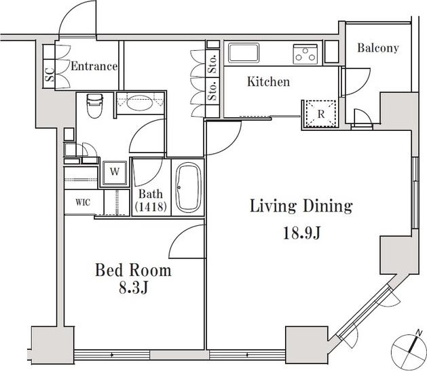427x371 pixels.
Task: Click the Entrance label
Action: click(x=94, y=66)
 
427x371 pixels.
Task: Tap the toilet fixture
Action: click(x=94, y=106)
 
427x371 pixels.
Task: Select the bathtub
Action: click(x=188, y=188)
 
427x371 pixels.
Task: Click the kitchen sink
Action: click(x=244, y=53)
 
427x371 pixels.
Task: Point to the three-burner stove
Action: click(x=305, y=54)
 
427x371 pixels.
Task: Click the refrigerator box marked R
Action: click(x=320, y=114)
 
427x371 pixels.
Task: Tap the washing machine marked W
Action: click(x=115, y=172)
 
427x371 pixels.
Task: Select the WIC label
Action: click(x=83, y=202)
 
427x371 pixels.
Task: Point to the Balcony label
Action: click(x=378, y=48)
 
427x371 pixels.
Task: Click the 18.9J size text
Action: click(x=301, y=233)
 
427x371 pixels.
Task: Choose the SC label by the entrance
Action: click(x=50, y=74)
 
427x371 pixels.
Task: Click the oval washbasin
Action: click(x=141, y=103)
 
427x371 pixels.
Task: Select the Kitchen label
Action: click(x=269, y=81)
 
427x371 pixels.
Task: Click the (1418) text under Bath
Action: click(x=151, y=207)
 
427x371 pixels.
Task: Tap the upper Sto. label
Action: click(x=212, y=63)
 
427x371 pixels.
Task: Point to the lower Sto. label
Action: click(x=212, y=90)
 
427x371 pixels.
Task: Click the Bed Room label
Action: click(x=133, y=270)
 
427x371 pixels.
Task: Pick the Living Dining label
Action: click(x=301, y=206)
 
